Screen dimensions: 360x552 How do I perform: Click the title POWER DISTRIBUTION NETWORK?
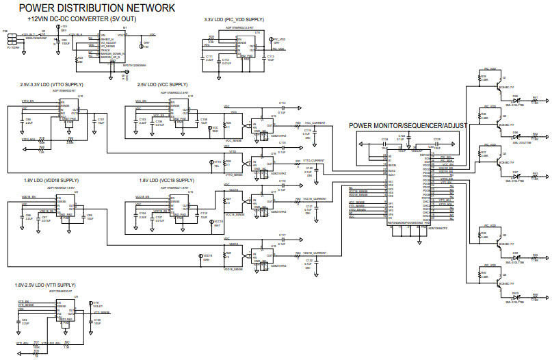click(96, 8)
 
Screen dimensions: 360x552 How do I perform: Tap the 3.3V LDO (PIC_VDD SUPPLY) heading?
click(233, 20)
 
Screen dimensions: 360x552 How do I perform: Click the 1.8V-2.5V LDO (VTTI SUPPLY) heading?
click(45, 284)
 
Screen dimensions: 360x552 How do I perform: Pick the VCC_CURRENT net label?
click(315, 123)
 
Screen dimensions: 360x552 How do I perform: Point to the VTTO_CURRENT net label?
click(315, 159)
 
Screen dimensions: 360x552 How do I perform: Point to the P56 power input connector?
click(12, 37)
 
